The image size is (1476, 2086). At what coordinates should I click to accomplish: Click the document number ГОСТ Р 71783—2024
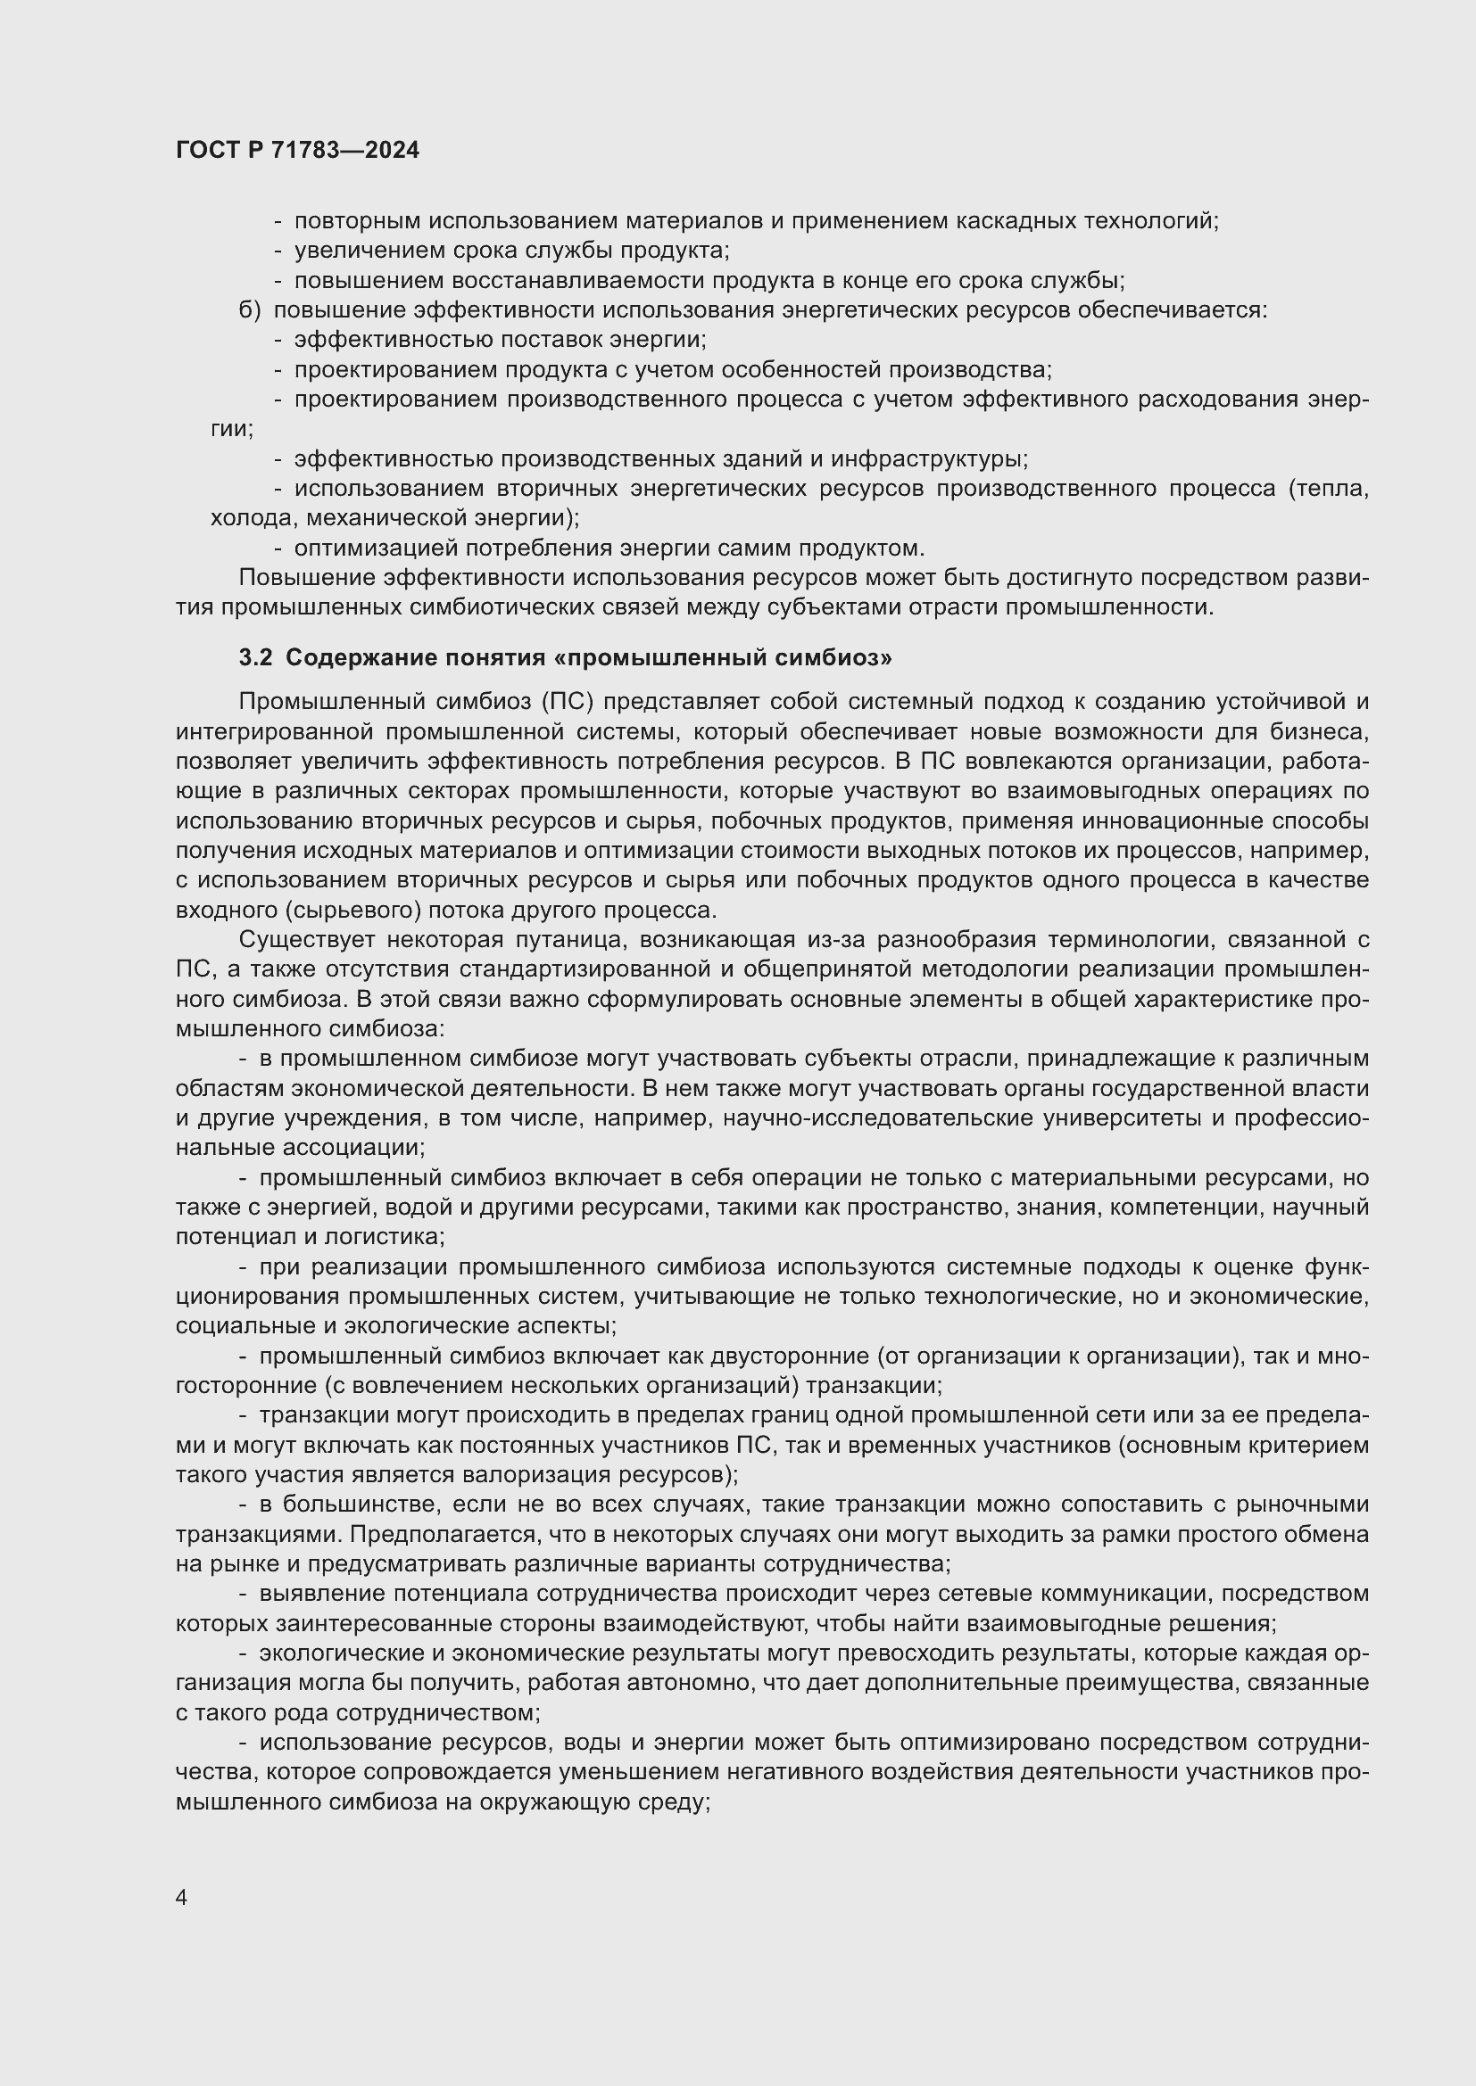297,151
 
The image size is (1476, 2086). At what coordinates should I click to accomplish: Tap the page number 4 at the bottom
182,1898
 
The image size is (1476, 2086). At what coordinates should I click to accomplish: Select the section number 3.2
255,658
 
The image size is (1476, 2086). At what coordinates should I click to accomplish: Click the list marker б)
250,309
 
